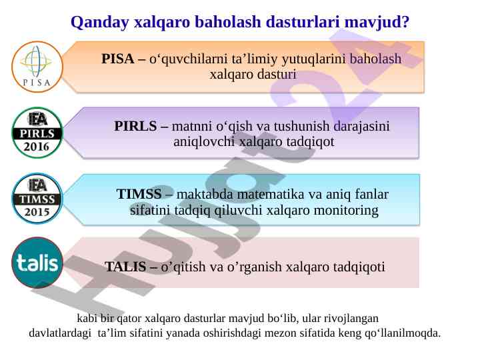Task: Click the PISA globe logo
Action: (x=37, y=67)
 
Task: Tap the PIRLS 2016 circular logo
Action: (x=37, y=133)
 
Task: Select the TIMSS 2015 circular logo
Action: (x=37, y=199)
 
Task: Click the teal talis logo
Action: (x=37, y=263)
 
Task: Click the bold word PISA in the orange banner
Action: (x=117, y=59)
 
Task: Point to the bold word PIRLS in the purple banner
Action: (x=135, y=126)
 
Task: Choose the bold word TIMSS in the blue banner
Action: (x=139, y=194)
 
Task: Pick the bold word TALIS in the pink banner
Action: (x=125, y=267)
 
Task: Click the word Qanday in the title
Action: (x=100, y=23)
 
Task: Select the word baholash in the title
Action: (x=228, y=22)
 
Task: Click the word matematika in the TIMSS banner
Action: (x=271, y=195)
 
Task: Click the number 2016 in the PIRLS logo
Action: (x=37, y=147)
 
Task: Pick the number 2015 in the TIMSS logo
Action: (x=37, y=212)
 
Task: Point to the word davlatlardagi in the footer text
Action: (x=60, y=333)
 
